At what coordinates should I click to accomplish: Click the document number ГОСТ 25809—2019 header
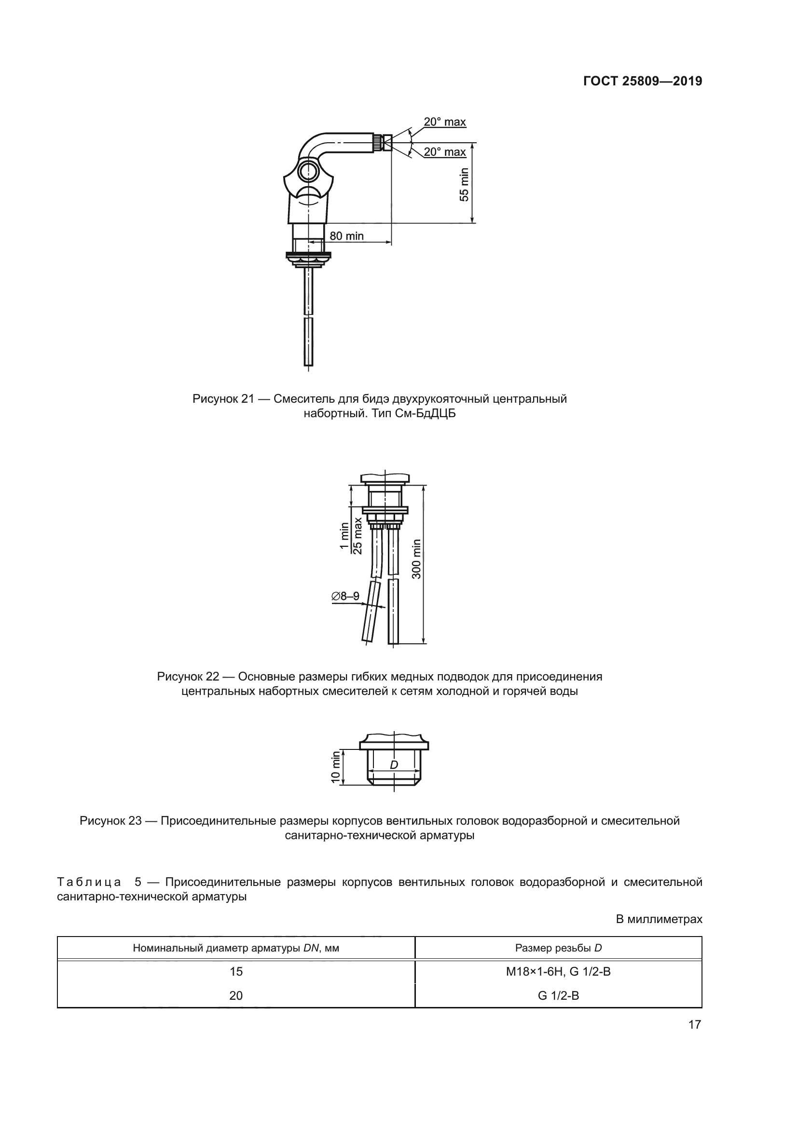pos(642,81)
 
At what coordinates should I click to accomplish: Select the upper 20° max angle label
pos(445,122)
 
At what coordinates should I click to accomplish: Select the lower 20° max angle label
pos(445,152)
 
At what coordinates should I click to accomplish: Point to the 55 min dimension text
pos(464,184)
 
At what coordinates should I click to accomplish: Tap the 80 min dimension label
pos(346,236)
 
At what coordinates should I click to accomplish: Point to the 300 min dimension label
pos(416,558)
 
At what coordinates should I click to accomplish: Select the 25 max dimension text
pos(358,535)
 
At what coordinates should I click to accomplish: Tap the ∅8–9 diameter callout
pos(345,596)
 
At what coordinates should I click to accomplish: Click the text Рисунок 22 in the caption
pos(188,677)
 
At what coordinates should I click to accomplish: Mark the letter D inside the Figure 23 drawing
pos(394,765)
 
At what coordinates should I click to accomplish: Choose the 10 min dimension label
pos(336,767)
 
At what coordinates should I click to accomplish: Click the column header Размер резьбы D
pos(558,948)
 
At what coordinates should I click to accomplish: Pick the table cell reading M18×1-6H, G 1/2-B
pos(558,971)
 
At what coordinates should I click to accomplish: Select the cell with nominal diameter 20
pos(236,995)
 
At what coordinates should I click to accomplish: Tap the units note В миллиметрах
pos(659,919)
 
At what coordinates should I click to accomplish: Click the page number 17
pos(694,1024)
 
